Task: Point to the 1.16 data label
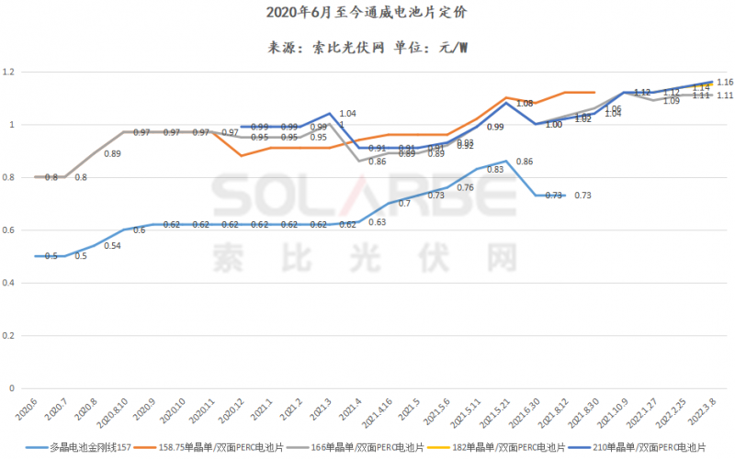tap(723, 83)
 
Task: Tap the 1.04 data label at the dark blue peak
tap(347, 113)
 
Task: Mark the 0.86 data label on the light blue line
tap(525, 162)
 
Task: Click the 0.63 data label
tap(377, 221)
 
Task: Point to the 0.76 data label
tap(466, 187)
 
